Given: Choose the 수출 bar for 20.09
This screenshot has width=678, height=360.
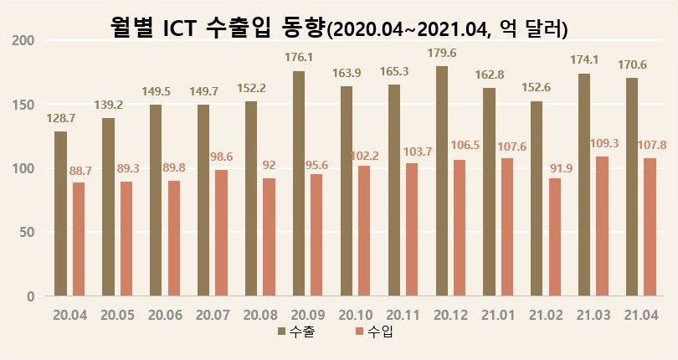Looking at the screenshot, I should tap(299, 183).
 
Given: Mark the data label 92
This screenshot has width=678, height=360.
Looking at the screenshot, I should tap(269, 165).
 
